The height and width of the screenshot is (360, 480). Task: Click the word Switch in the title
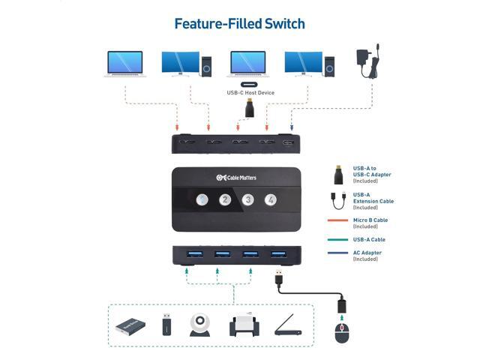(x=285, y=24)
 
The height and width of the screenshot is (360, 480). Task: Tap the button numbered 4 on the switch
(x=271, y=200)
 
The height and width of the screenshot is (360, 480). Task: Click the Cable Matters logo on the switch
(x=236, y=178)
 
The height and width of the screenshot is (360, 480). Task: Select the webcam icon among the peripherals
(x=200, y=325)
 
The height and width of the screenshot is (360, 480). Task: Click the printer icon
(x=244, y=325)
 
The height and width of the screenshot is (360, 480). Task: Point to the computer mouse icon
(x=342, y=333)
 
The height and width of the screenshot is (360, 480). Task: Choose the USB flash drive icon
(x=166, y=325)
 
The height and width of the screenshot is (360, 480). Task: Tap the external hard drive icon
(x=130, y=326)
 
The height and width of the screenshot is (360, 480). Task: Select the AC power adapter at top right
(x=368, y=61)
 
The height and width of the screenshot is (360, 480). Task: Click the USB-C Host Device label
(x=250, y=93)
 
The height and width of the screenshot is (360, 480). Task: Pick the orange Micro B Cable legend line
(x=337, y=220)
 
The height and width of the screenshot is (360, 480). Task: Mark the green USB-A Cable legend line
(x=337, y=240)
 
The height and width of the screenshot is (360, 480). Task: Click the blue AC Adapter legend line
(x=337, y=253)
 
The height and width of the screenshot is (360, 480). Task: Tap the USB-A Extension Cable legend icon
(x=338, y=200)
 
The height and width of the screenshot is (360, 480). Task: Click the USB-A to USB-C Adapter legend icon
(x=338, y=175)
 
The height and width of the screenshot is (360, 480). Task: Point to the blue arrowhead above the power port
(x=292, y=127)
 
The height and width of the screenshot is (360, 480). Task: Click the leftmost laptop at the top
(x=125, y=64)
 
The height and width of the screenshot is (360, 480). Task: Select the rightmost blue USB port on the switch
(x=278, y=254)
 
